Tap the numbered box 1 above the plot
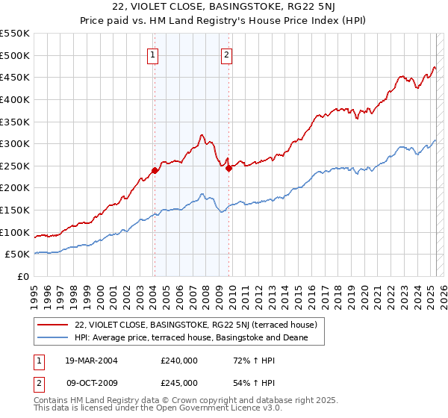click(x=152, y=54)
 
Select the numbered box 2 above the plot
click(x=225, y=54)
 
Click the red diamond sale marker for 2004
click(x=155, y=170)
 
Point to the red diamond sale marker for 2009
click(x=228, y=168)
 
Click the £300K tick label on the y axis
click(x=14, y=143)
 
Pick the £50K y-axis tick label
click(x=17, y=255)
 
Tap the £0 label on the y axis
click(x=23, y=276)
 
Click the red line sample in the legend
click(x=52, y=325)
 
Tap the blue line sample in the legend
click(x=52, y=337)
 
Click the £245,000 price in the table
click(x=178, y=382)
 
